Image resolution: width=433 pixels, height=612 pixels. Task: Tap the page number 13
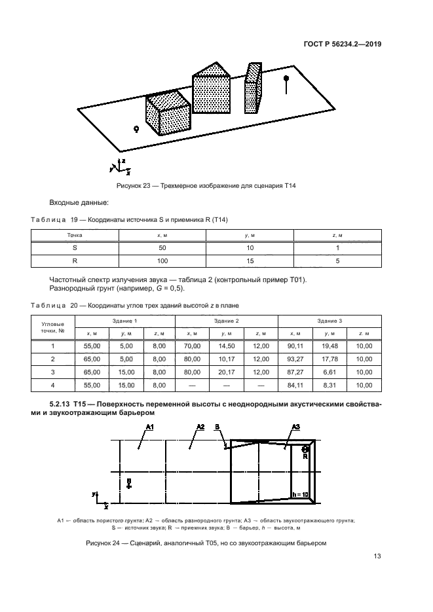377,557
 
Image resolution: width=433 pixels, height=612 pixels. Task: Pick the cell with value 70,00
192,346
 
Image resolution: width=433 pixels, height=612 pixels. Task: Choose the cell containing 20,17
227,372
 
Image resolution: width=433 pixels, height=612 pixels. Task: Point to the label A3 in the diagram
295,427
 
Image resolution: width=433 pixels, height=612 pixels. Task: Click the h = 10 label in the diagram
301,494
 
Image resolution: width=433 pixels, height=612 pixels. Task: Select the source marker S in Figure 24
129,485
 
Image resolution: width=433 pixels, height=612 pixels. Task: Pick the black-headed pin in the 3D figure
286,79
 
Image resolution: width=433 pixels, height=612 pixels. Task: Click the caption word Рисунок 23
134,186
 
